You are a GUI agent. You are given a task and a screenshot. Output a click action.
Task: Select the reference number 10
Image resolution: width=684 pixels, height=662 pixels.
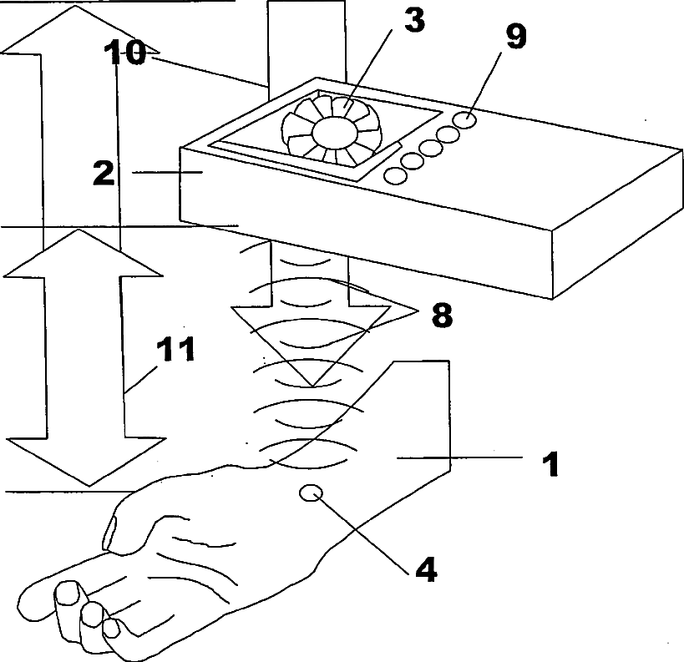(125, 53)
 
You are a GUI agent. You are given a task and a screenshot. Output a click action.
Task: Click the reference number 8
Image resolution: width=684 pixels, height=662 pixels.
(441, 316)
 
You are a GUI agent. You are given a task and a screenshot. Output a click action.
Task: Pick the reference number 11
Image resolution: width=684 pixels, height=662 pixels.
(177, 350)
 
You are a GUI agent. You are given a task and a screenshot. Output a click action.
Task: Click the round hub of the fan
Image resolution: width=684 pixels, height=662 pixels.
(332, 132)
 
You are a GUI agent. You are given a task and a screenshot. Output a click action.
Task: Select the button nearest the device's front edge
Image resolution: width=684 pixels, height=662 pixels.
(394, 176)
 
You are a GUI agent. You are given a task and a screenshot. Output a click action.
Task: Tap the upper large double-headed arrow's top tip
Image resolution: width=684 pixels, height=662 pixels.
(77, 8)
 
